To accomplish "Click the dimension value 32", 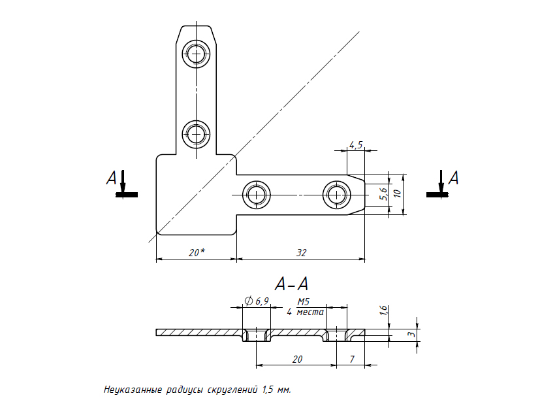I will click(301, 252).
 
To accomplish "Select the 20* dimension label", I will click(197, 252).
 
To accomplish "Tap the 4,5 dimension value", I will click(356, 145).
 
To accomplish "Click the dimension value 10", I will click(396, 193).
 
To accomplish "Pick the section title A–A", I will click(291, 284).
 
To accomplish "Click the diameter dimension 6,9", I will click(257, 300).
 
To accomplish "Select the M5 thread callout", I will click(304, 302).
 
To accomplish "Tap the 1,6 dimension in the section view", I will click(383, 312).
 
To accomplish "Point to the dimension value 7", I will click(352, 359).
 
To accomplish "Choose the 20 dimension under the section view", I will click(297, 359).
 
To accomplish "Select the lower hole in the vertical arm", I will click(196, 135).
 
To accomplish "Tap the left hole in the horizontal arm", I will click(257, 195).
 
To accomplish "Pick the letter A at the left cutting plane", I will click(111, 178).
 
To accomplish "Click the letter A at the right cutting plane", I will click(453, 178).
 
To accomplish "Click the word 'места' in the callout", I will click(310, 312).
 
